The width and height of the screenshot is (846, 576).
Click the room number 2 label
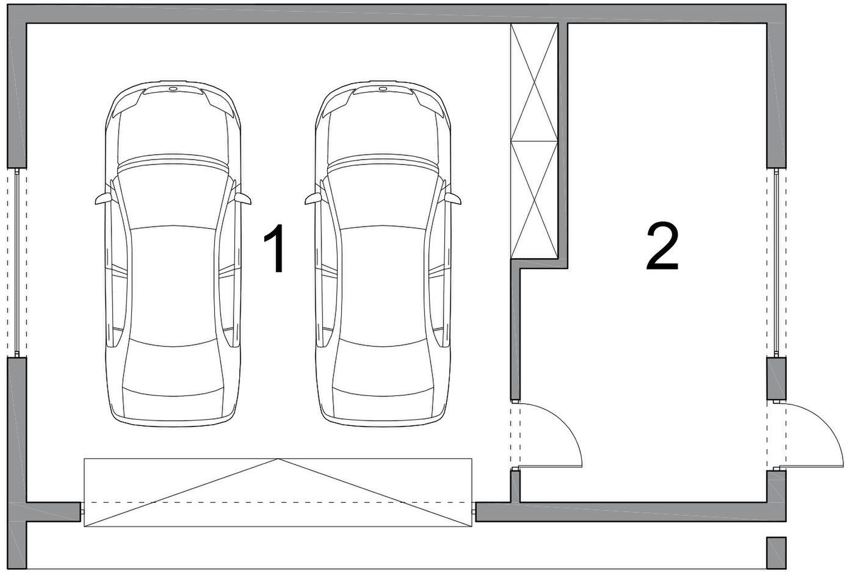point(662,247)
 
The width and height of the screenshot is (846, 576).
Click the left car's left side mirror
point(103,198)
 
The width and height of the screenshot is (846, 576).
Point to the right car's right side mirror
point(453,198)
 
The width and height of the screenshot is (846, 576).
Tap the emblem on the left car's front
point(173,90)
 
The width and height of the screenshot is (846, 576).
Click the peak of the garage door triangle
point(278,459)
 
